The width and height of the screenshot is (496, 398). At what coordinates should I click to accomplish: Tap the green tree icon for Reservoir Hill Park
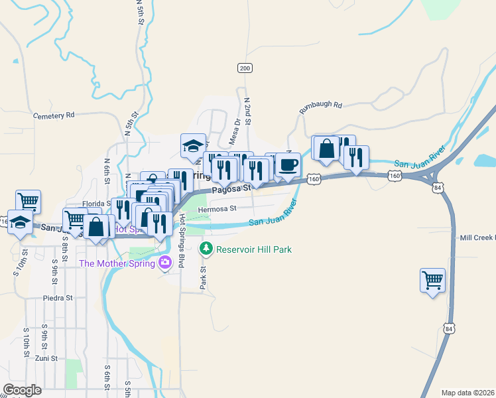coord(206,249)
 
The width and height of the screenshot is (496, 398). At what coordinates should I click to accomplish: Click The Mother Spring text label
coord(117,263)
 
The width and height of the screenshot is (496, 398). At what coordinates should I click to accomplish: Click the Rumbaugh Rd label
coord(320,105)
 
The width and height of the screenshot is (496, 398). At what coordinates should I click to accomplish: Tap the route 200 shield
coord(245,68)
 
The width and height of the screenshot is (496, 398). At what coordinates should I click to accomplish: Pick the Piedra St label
coord(57,298)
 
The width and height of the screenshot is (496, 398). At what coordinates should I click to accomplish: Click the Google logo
coord(22,390)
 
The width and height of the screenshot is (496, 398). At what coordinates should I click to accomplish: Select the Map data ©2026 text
coord(468,393)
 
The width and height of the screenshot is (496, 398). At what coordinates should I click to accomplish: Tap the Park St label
coord(204,278)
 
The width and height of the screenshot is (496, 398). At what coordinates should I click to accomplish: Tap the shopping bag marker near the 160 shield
coord(326,149)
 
